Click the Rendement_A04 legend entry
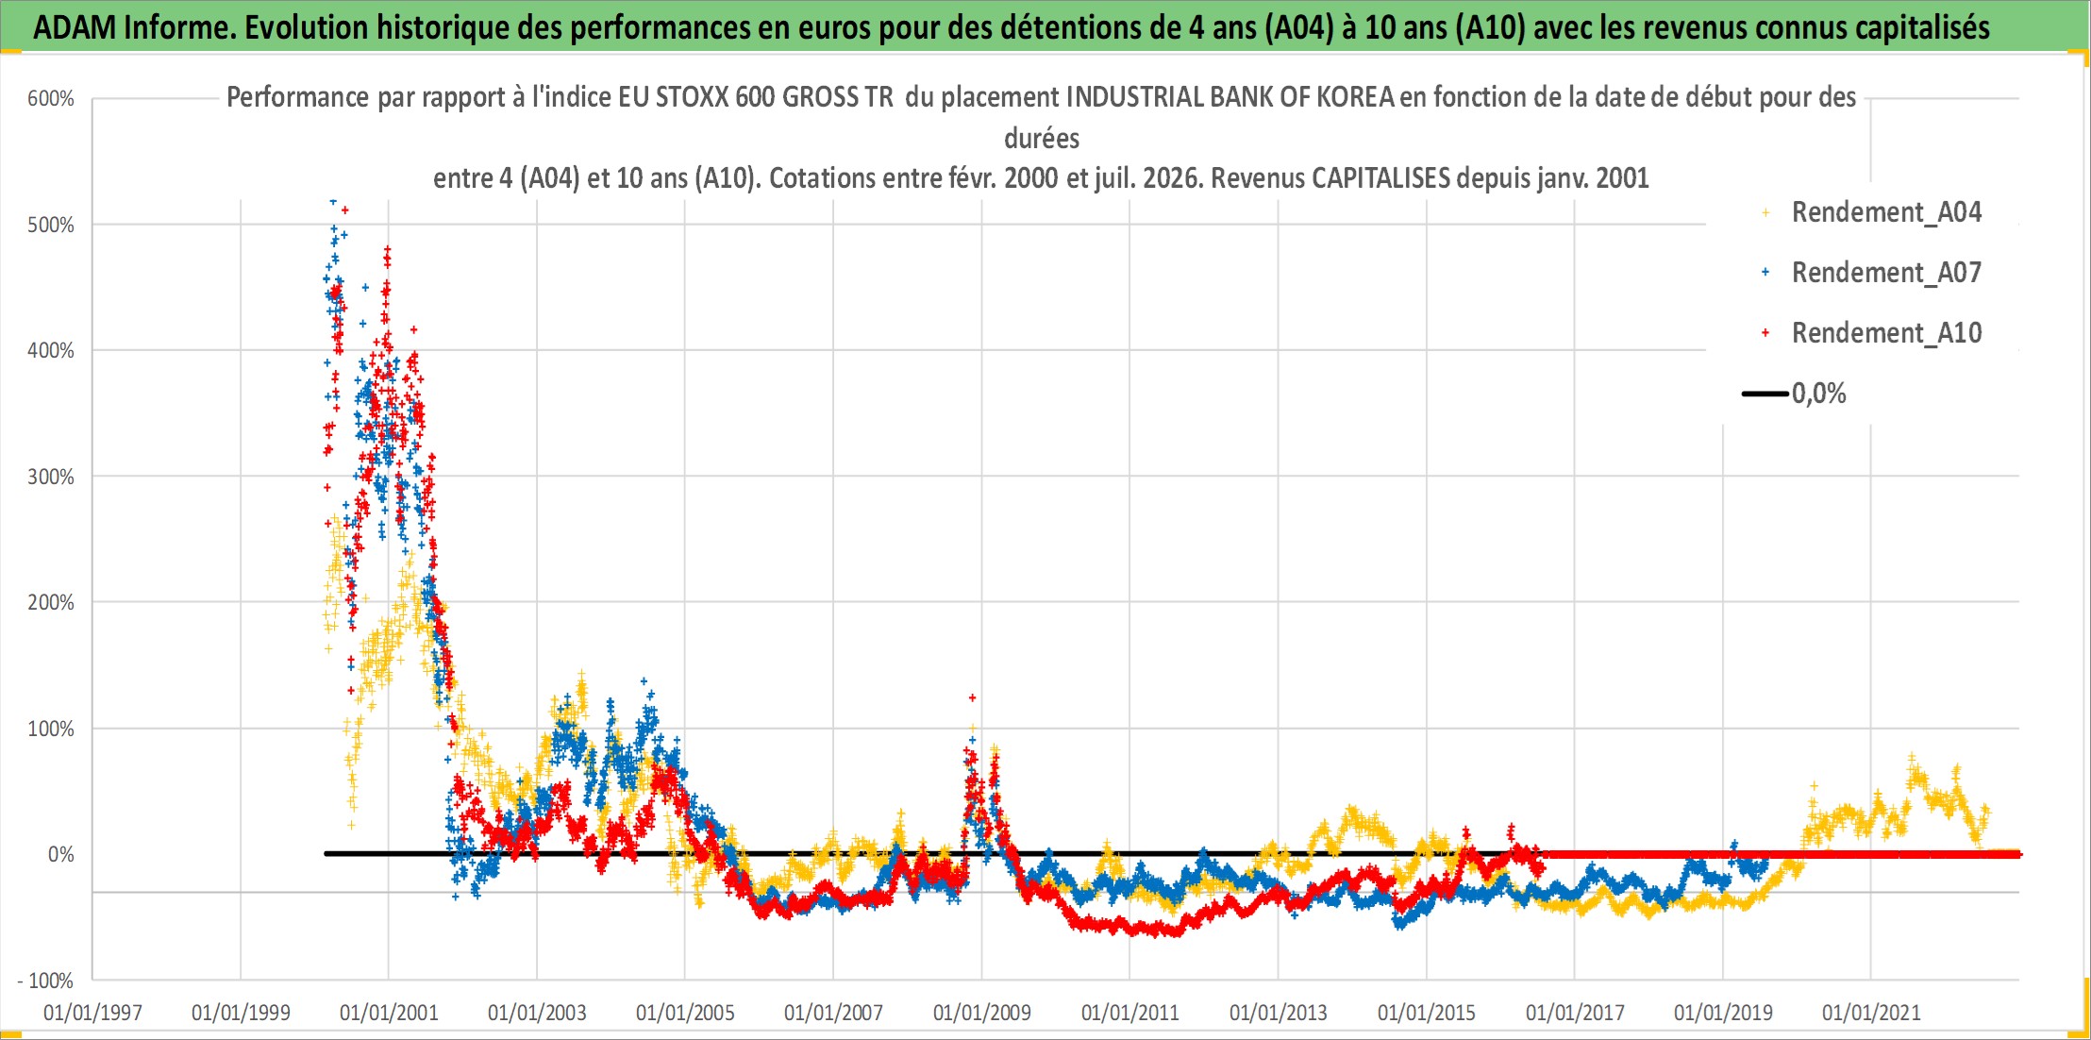(1872, 212)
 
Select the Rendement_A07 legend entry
(1872, 273)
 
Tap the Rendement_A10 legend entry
(1872, 333)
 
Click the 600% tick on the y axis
(51, 99)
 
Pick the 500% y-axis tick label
(51, 225)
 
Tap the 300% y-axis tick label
(51, 477)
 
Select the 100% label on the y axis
(51, 729)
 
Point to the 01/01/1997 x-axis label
(92, 1013)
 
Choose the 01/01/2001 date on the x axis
(389, 1013)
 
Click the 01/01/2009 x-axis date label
(982, 1013)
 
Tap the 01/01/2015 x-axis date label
(1427, 1013)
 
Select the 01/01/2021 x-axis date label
(1871, 1013)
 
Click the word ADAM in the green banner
(75, 28)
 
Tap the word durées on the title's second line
(1042, 139)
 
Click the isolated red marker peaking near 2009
(972, 697)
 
